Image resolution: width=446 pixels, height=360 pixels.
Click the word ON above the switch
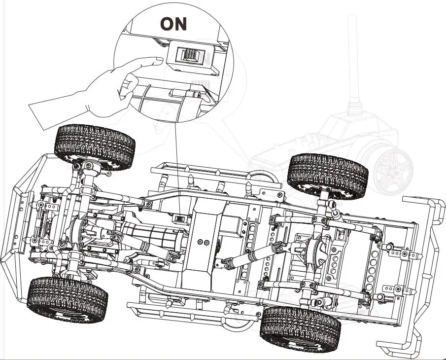(173, 23)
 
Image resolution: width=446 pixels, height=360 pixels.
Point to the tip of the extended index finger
(157, 61)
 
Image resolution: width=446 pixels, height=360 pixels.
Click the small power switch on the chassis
(179, 218)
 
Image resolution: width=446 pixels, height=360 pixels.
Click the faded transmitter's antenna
(352, 59)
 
